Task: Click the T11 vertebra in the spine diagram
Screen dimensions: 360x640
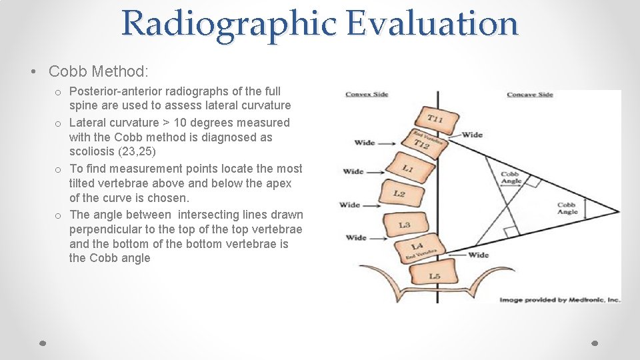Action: point(434,119)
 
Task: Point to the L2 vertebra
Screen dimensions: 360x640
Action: point(399,194)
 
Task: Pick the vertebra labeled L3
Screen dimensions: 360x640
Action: point(405,225)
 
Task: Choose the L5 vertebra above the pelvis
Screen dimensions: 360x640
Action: point(433,275)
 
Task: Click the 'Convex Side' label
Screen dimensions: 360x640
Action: point(367,95)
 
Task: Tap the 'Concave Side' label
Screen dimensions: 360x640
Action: point(529,95)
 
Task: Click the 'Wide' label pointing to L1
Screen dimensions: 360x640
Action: point(353,172)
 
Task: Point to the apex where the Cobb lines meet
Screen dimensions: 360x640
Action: point(619,213)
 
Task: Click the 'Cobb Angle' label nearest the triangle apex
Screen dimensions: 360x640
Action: point(567,209)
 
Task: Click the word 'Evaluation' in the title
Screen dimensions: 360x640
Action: point(432,23)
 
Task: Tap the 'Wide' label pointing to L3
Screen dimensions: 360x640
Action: point(356,237)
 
